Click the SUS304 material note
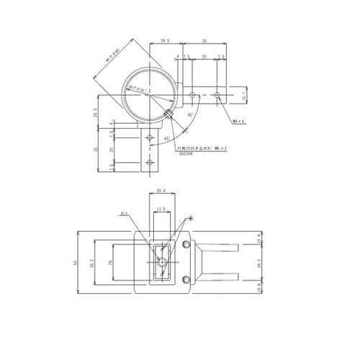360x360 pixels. pyautogui.click(x=185, y=153)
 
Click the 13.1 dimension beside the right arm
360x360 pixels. pyautogui.click(x=244, y=94)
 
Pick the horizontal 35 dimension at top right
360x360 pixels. pyautogui.click(x=205, y=42)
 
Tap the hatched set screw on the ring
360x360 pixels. pyautogui.click(x=168, y=112)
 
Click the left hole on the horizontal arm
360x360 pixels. pyautogui.click(x=192, y=94)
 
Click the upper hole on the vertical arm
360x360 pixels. pyautogui.click(x=149, y=138)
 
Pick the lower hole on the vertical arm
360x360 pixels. pyautogui.click(x=149, y=163)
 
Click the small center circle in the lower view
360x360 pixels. pyautogui.click(x=163, y=263)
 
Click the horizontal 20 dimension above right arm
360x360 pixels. pyautogui.click(x=204, y=55)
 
